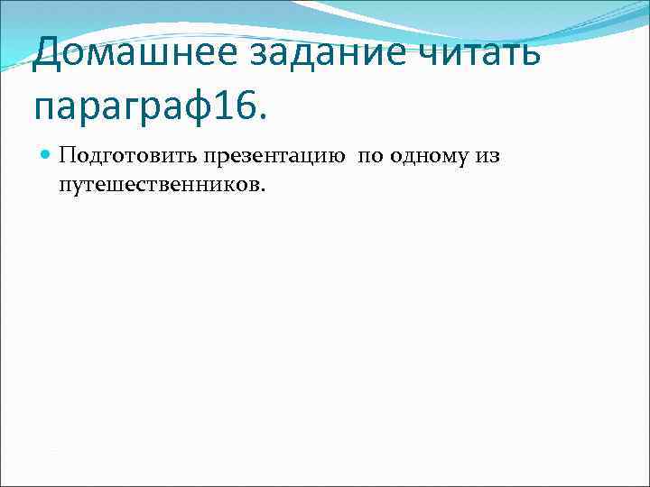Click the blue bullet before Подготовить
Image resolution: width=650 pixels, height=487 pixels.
click(x=44, y=155)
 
